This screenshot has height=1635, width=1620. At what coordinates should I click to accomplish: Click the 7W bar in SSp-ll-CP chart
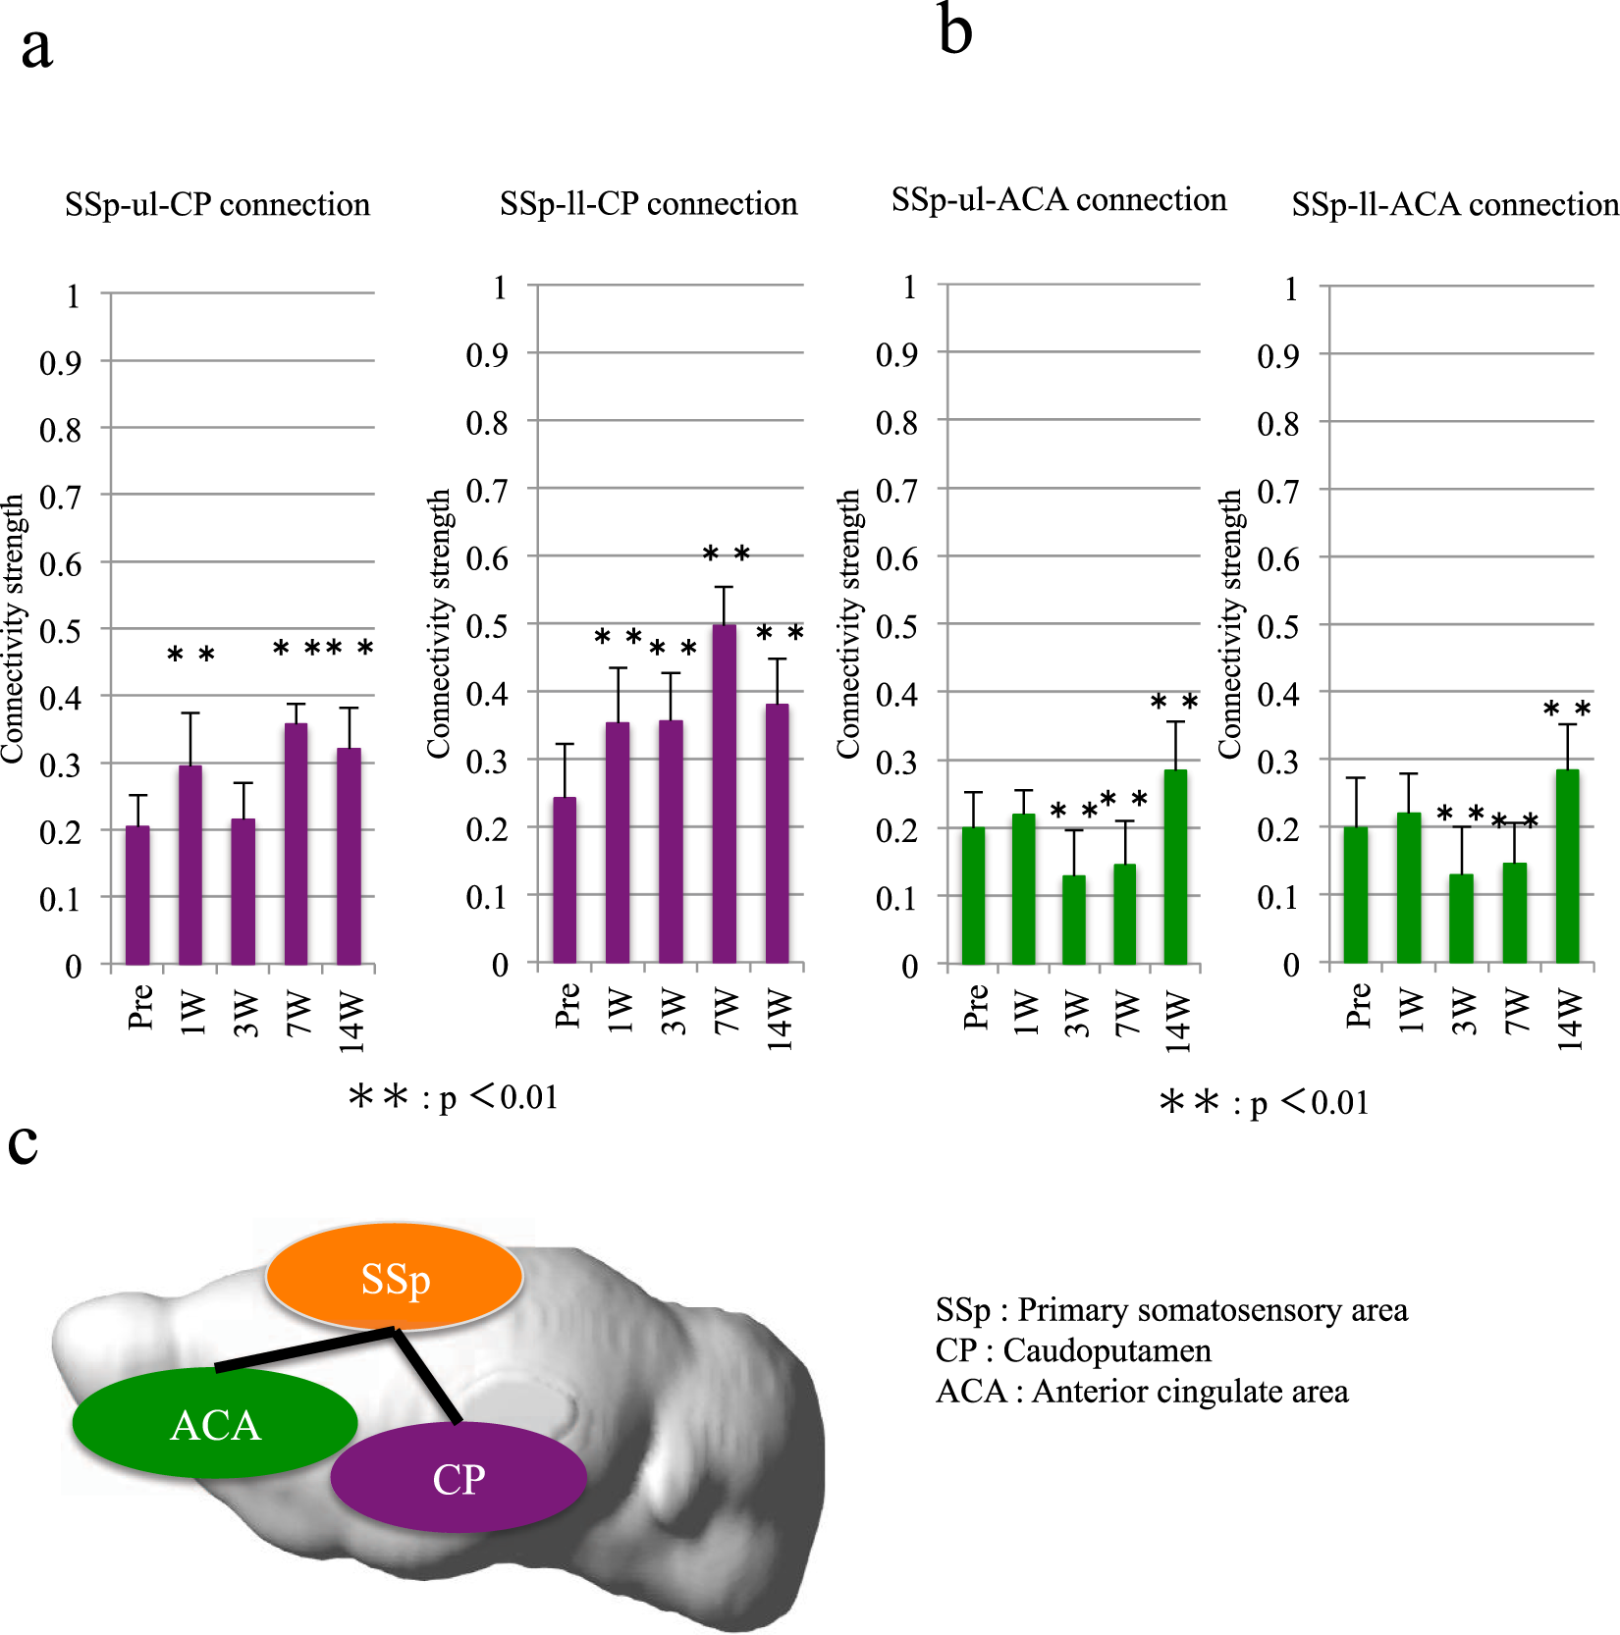pos(724,795)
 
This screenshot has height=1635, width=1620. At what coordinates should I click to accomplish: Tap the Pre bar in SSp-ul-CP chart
pos(137,896)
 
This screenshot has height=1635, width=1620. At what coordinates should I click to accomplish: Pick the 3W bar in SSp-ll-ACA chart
pos(1461,919)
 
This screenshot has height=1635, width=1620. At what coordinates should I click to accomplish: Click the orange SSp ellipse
pos(394,1277)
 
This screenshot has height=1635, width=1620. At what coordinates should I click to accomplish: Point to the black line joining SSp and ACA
pos(304,1349)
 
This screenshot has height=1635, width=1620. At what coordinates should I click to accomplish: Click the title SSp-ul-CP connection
pos(217,204)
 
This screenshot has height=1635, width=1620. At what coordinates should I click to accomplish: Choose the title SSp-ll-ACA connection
pos(1454,204)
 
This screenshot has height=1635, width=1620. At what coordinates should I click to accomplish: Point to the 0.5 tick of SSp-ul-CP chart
pos(60,630)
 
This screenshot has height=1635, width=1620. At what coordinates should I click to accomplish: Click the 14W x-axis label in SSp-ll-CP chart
pos(779,1020)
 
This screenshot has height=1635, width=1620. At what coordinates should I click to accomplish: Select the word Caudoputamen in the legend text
pos(1107,1350)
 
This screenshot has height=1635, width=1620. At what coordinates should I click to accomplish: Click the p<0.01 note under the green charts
pos(1265,1103)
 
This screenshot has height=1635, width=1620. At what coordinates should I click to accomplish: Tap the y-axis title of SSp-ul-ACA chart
pos(847,624)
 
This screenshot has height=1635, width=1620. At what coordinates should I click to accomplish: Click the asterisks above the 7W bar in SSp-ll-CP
pos(726,554)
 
